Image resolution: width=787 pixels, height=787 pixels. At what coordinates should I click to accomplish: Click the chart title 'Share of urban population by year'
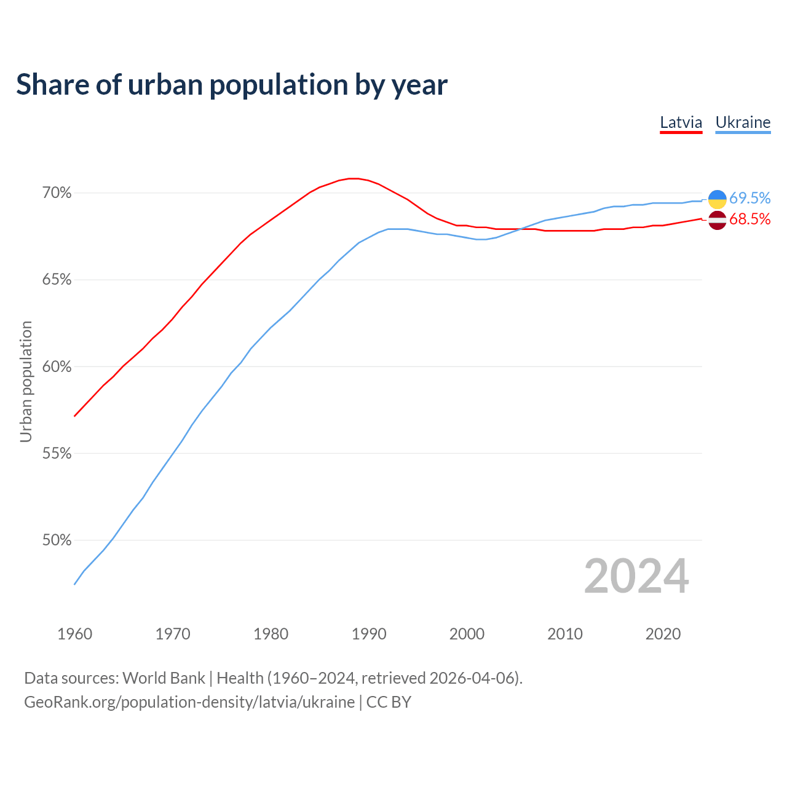(232, 85)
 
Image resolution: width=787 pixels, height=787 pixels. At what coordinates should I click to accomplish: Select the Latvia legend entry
(681, 122)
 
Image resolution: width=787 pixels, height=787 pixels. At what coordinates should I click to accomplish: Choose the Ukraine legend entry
(743, 122)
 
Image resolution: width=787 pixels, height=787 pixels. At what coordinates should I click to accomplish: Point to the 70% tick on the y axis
(57, 193)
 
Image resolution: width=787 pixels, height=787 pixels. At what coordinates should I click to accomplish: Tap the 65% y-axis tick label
(57, 280)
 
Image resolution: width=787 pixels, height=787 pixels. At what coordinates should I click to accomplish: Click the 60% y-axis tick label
(57, 367)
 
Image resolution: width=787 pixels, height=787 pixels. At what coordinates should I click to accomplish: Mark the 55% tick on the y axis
(57, 454)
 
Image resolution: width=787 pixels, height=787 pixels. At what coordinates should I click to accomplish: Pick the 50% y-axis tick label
(57, 540)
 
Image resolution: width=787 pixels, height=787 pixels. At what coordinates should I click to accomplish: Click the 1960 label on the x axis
(74, 634)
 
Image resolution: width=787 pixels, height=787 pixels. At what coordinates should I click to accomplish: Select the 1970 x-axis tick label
(173, 634)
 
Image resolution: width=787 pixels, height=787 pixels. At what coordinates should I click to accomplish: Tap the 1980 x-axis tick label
(271, 634)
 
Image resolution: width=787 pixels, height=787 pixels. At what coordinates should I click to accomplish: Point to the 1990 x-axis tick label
(369, 634)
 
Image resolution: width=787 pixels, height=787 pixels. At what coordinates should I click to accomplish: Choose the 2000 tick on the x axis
(467, 634)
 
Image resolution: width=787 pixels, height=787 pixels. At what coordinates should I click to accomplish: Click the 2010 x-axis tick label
(565, 634)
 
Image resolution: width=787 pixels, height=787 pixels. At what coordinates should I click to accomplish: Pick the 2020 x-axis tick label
(663, 634)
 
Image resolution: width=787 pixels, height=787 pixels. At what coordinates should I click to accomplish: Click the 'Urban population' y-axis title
(26, 381)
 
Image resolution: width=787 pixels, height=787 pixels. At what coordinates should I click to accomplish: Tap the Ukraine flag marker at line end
(717, 199)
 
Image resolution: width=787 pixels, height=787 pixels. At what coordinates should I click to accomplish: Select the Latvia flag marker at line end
(717, 219)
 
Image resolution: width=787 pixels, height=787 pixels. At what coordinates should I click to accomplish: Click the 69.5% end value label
(749, 198)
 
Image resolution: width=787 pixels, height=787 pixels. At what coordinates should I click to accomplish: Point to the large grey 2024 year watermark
(636, 576)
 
